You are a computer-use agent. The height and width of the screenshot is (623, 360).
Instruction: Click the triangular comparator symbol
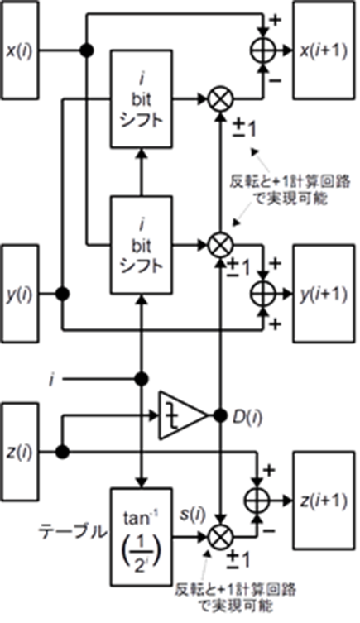pyautogui.click(x=184, y=415)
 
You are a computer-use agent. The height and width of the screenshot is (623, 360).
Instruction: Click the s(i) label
pyautogui.click(x=192, y=515)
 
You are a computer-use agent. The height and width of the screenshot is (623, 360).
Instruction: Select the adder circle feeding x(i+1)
pyautogui.click(x=262, y=50)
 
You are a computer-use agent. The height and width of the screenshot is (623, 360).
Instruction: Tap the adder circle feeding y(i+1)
pyautogui.click(x=262, y=294)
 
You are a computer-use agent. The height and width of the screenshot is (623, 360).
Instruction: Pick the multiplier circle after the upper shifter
pyautogui.click(x=221, y=99)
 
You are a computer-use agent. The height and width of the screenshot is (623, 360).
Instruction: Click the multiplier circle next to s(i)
pyautogui.click(x=221, y=538)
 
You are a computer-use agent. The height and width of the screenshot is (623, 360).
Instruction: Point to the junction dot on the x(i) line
pyautogui.click(x=87, y=50)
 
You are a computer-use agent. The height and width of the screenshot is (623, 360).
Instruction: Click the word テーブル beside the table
pyautogui.click(x=73, y=532)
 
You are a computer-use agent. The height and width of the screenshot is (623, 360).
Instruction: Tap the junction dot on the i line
pyautogui.click(x=142, y=379)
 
